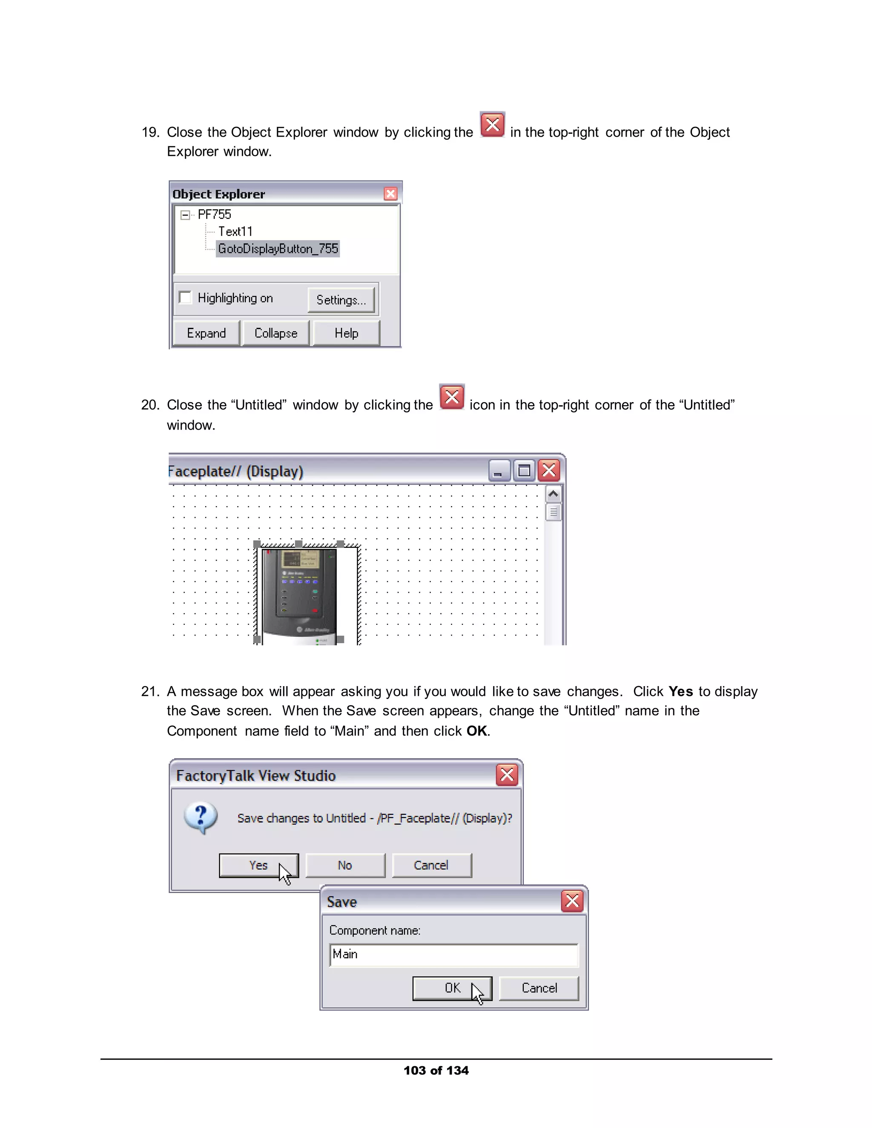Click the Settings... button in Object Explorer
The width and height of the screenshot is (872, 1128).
pos(341,300)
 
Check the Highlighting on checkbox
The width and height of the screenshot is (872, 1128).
pos(185,298)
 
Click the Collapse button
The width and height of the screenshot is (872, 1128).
pos(276,333)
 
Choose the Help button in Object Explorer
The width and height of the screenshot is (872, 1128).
pos(346,333)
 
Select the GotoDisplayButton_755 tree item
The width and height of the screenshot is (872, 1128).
pos(278,249)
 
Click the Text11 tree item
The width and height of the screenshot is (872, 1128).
pos(235,232)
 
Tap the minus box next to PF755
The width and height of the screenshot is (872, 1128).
pos(185,215)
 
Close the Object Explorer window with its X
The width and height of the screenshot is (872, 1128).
pos(390,194)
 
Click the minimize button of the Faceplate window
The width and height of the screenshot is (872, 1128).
pos(499,470)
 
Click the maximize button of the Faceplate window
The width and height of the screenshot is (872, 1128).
pos(524,470)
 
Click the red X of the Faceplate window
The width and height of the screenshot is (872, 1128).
pos(549,470)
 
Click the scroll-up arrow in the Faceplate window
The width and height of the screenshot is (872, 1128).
pos(553,494)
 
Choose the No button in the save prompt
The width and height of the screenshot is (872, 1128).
pos(345,865)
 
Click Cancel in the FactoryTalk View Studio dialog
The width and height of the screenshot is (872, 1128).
pos(431,865)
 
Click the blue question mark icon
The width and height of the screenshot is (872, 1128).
pos(201,818)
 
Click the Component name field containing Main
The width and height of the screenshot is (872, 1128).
pos(453,954)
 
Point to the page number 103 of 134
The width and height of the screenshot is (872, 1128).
pos(436,1070)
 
